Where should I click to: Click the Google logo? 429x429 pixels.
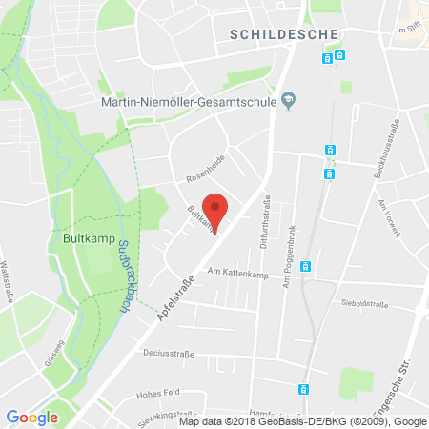(x=31, y=417)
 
